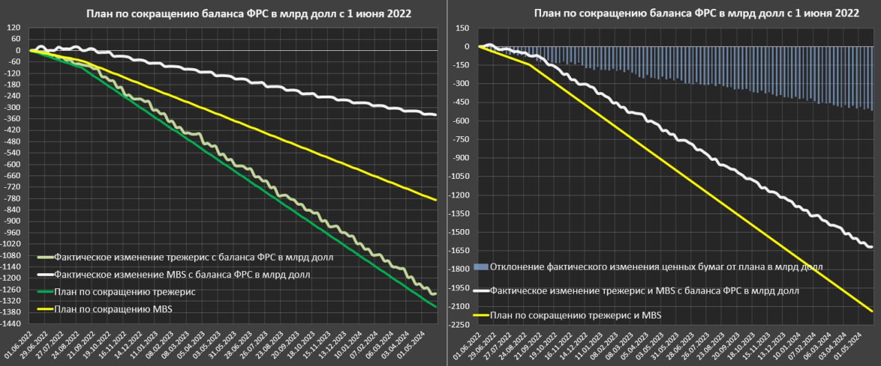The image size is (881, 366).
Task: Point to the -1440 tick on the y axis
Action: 13,322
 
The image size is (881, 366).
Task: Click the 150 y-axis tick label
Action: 462,28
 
